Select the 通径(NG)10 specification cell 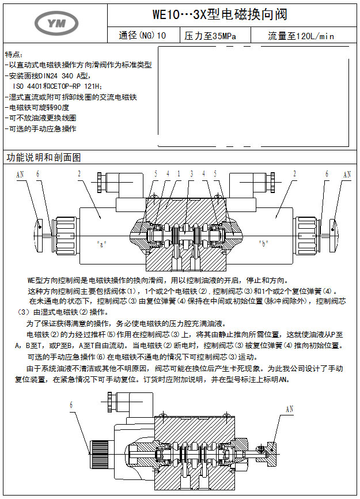pos(142,36)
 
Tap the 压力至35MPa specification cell pos(209,36)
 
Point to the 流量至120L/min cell pos(301,36)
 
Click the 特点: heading pos(14,55)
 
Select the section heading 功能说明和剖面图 pos(44,157)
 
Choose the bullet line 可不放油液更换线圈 pos(40,118)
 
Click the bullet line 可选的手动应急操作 pos(40,129)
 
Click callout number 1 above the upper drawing pos(179,173)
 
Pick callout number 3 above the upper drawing pos(190,173)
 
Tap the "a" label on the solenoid pos(102,243)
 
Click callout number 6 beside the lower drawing pos(72,405)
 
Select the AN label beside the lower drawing pos(289,409)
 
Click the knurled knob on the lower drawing pos(95,455)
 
